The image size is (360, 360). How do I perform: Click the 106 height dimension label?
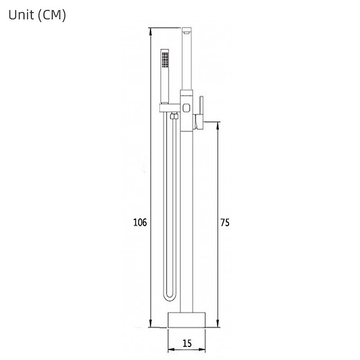click(x=140, y=222)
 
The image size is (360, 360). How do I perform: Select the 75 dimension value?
click(x=225, y=222)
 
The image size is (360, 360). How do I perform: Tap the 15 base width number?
click(x=187, y=343)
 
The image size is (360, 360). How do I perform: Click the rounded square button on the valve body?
click(x=187, y=108)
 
